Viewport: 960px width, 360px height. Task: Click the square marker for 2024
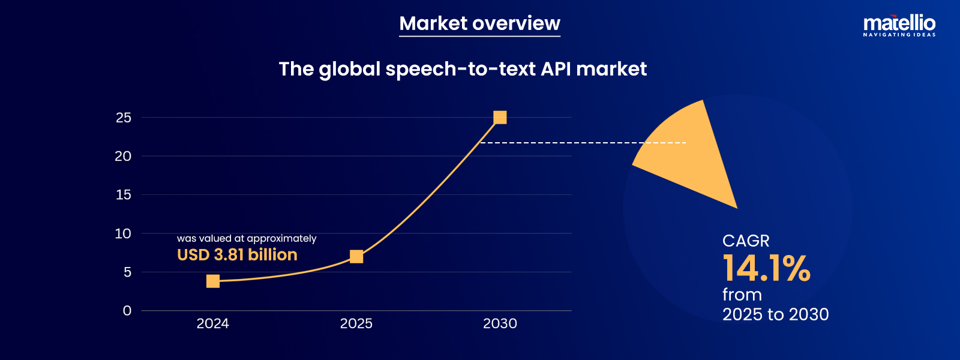(213, 281)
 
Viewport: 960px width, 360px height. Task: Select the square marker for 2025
(356, 257)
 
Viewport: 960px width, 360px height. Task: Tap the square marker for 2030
(500, 118)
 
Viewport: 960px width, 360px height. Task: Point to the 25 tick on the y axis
(124, 118)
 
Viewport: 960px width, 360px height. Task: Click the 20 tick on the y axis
(123, 156)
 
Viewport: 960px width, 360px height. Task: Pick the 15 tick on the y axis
(124, 194)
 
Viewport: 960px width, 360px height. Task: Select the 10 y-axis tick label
(123, 233)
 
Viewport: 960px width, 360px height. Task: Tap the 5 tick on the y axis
(127, 272)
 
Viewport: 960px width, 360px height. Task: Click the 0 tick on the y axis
(127, 311)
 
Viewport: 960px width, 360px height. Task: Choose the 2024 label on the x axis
(213, 323)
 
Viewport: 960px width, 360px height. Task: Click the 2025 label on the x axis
(356, 323)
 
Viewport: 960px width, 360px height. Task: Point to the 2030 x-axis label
(500, 323)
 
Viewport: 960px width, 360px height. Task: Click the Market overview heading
(479, 23)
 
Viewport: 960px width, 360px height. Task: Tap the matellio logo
(899, 25)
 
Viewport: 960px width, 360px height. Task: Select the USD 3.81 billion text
(237, 254)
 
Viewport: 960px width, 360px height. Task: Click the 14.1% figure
(766, 268)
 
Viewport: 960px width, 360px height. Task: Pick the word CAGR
(746, 241)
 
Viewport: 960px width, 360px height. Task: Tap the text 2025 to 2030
(775, 314)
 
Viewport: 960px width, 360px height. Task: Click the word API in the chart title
(556, 69)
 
